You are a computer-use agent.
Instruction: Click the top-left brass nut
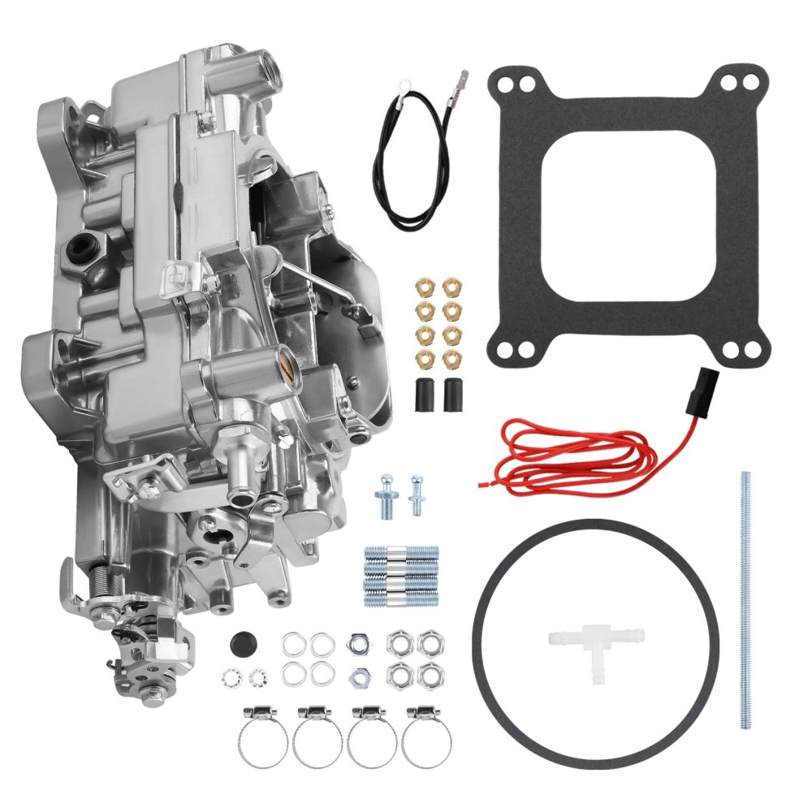[x=423, y=287]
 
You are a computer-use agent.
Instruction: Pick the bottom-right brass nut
[x=451, y=358]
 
